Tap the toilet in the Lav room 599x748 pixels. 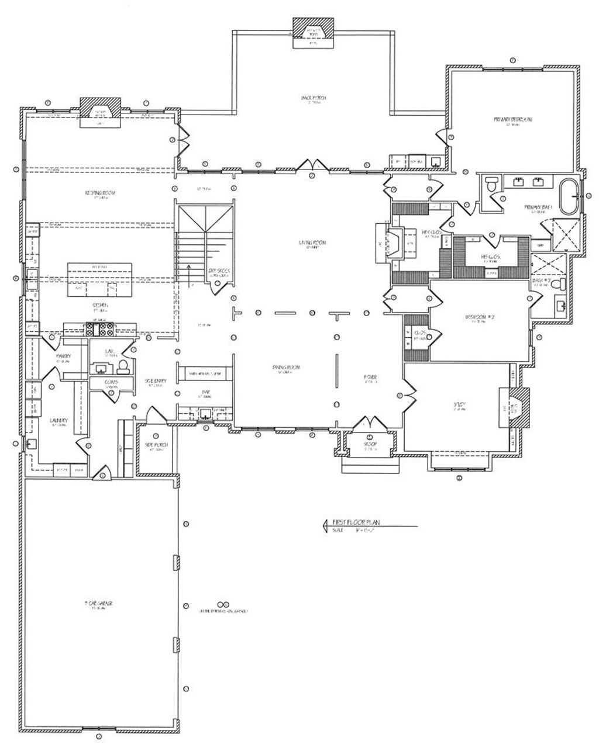coord(123,366)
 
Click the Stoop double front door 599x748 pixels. coord(370,423)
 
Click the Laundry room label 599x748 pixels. coord(58,420)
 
